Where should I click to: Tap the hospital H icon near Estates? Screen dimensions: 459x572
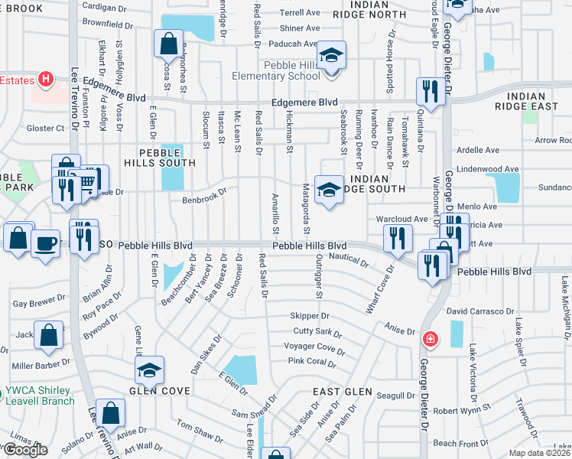pyautogui.click(x=45, y=78)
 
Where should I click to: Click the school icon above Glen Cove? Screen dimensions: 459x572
pyautogui.click(x=150, y=371)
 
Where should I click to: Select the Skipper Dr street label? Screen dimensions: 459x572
pyautogui.click(x=310, y=315)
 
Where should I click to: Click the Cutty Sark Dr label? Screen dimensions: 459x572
pyautogui.click(x=317, y=331)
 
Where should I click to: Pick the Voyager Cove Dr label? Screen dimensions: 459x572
pyautogui.click(x=314, y=346)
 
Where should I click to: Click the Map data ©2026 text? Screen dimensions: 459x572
pyautogui.click(x=540, y=453)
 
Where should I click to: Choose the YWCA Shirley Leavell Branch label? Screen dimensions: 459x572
pyautogui.click(x=38, y=396)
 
